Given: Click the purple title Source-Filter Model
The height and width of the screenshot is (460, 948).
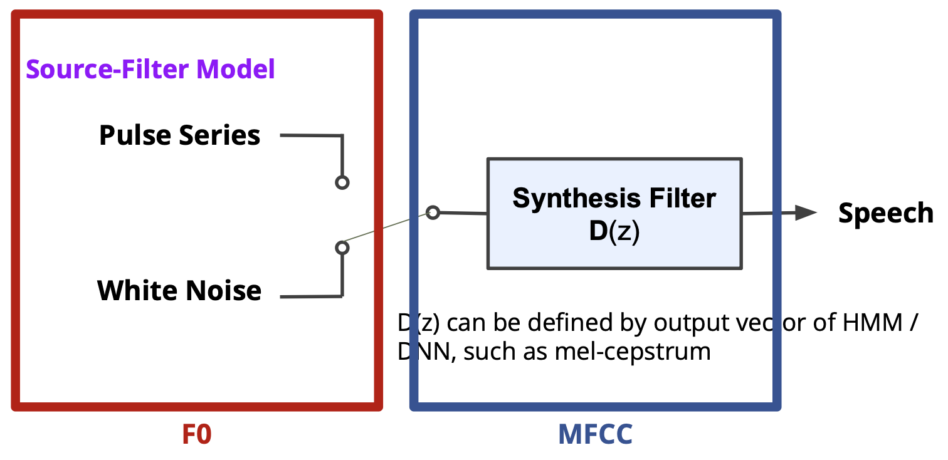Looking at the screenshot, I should (150, 69).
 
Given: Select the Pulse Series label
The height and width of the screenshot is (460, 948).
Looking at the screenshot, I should (179, 135).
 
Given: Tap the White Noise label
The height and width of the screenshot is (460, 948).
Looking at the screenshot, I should (179, 291).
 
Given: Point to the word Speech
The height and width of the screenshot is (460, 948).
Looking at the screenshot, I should (885, 214).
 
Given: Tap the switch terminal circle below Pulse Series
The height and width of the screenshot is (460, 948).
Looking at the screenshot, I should (342, 182).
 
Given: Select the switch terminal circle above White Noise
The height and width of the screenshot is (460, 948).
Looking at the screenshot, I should (342, 248).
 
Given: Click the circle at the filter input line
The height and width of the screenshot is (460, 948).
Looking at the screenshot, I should (433, 212).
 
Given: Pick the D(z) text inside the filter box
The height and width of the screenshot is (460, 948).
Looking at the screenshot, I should (614, 232).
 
